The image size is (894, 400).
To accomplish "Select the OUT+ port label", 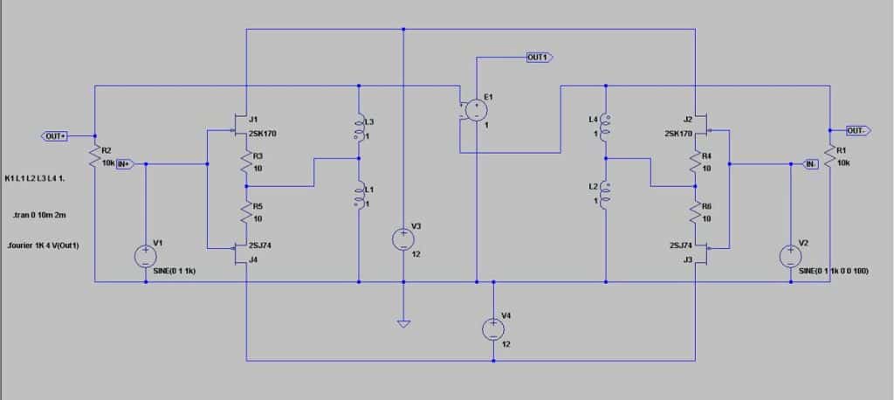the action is click(56, 136).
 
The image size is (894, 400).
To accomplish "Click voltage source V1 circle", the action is click(146, 256).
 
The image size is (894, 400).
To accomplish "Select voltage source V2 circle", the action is click(791, 256).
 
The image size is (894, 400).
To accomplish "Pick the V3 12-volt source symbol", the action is click(403, 239).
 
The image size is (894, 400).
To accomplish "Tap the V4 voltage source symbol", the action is click(493, 329).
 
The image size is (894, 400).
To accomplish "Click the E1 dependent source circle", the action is click(475, 109).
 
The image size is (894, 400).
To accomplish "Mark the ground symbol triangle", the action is click(403, 324).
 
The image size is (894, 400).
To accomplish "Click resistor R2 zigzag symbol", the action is click(94, 155).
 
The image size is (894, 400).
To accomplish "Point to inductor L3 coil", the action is click(358, 128).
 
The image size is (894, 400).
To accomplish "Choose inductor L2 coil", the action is click(606, 196).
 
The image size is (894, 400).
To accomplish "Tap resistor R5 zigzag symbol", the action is click(245, 212).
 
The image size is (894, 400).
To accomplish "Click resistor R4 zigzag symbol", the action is click(695, 162).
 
